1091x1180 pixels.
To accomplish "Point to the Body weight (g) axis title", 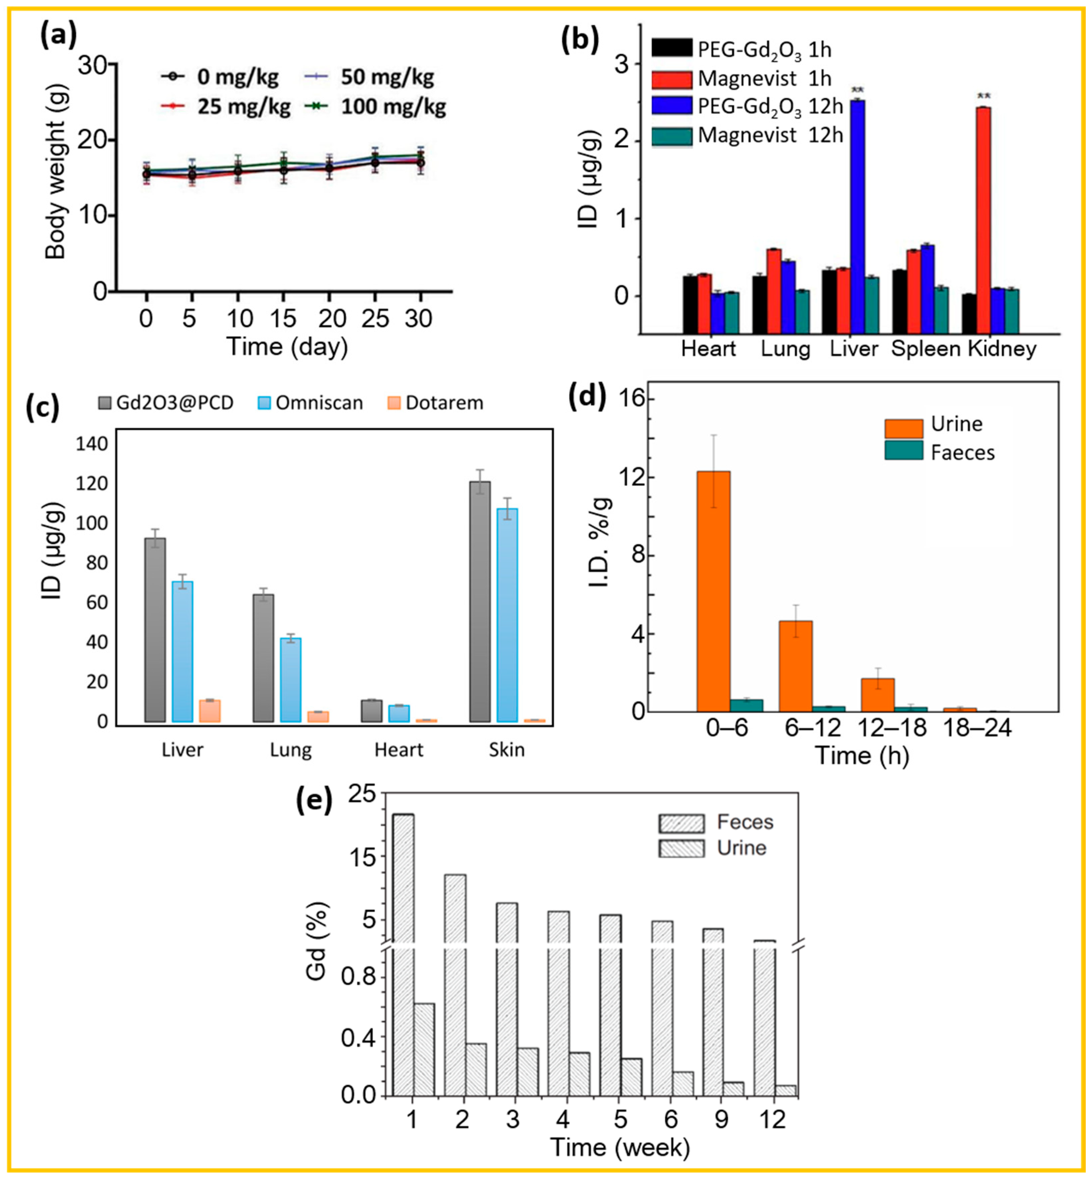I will [56, 172].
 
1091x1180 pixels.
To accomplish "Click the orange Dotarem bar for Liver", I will [209, 710].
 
